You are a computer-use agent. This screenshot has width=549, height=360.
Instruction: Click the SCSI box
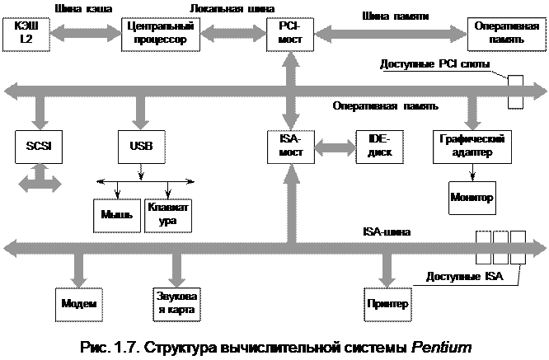point(39,146)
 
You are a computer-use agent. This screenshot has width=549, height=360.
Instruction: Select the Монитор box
point(472,198)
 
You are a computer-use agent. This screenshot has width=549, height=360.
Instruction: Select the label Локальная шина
point(220,8)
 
